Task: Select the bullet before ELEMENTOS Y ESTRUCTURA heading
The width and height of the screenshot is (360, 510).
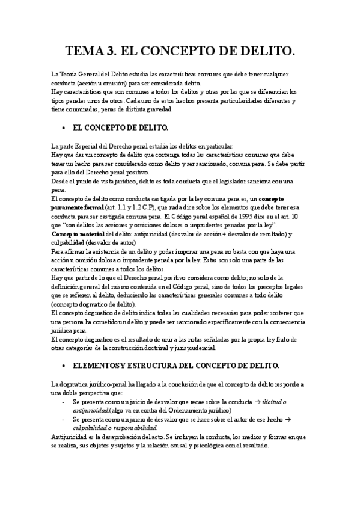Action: point(64,365)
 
